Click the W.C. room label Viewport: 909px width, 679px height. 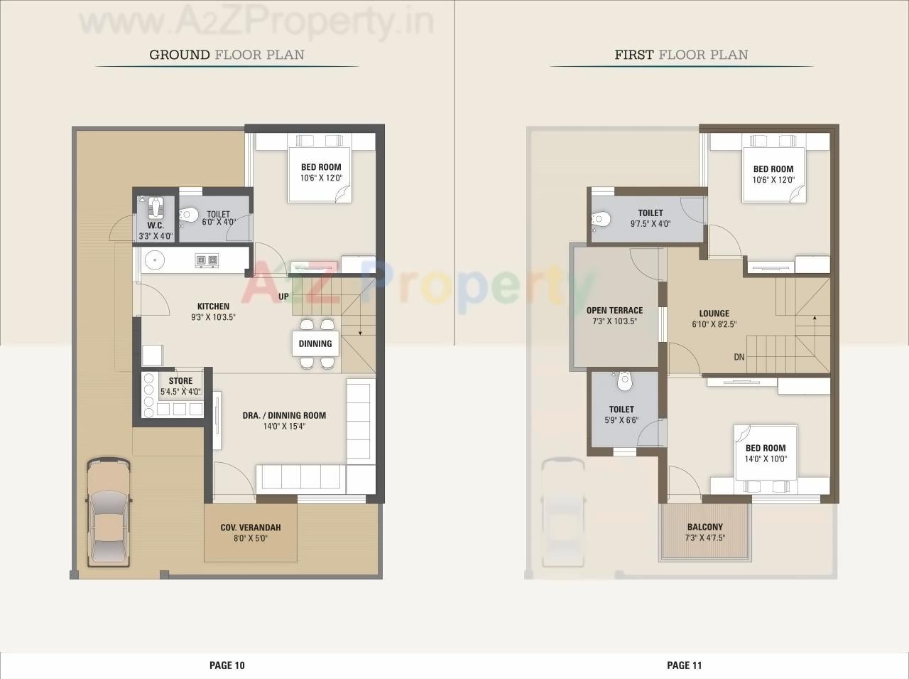pos(156,225)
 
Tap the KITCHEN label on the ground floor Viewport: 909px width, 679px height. pos(213,306)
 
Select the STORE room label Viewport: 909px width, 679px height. pos(180,381)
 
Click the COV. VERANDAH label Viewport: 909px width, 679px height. pos(250,528)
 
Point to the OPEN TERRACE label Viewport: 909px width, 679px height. pos(614,311)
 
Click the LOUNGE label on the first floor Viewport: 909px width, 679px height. pos(714,314)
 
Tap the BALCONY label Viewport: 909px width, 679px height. pos(704,528)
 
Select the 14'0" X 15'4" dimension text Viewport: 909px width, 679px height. pos(273,427)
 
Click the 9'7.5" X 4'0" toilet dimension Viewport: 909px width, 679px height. pos(650,224)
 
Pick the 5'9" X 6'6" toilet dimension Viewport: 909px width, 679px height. pos(621,420)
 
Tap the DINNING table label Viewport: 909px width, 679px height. pos(315,343)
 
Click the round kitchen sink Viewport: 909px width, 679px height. pos(154,261)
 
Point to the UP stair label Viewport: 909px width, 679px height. pos(283,296)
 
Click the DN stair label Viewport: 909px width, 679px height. pos(739,357)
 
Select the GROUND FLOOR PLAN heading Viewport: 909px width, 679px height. pos(227,55)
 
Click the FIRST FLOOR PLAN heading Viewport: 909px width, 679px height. pos(681,55)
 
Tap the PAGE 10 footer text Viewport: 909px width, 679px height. pos(227,665)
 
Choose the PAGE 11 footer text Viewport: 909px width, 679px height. pos(684,665)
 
